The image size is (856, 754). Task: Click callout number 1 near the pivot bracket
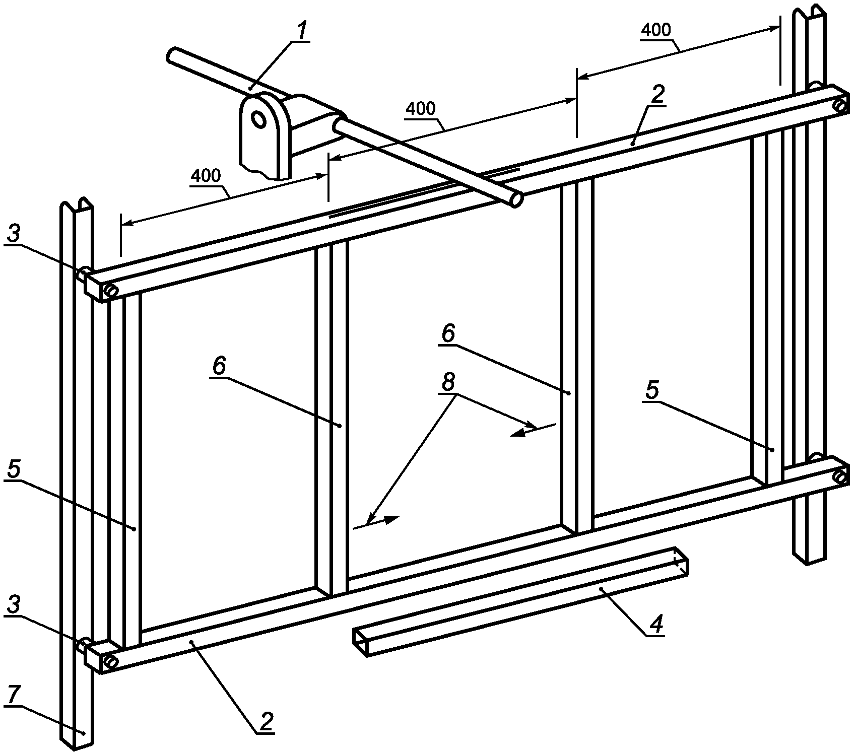[x=301, y=32]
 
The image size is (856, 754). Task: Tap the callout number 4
[x=655, y=624]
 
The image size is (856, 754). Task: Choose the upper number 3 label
[x=14, y=234]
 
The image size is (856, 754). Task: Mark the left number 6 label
[x=219, y=366]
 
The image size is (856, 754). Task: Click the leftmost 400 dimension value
[x=206, y=176]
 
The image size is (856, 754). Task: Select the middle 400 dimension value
[x=421, y=108]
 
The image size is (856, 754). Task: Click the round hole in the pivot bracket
[x=259, y=119]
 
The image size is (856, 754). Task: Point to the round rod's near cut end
[x=516, y=199]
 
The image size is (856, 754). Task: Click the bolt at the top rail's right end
[x=840, y=106]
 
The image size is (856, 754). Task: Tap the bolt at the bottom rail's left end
[x=111, y=662]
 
